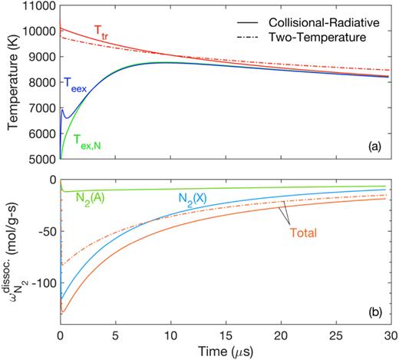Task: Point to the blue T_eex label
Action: click(x=77, y=89)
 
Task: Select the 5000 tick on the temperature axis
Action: click(x=41, y=160)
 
